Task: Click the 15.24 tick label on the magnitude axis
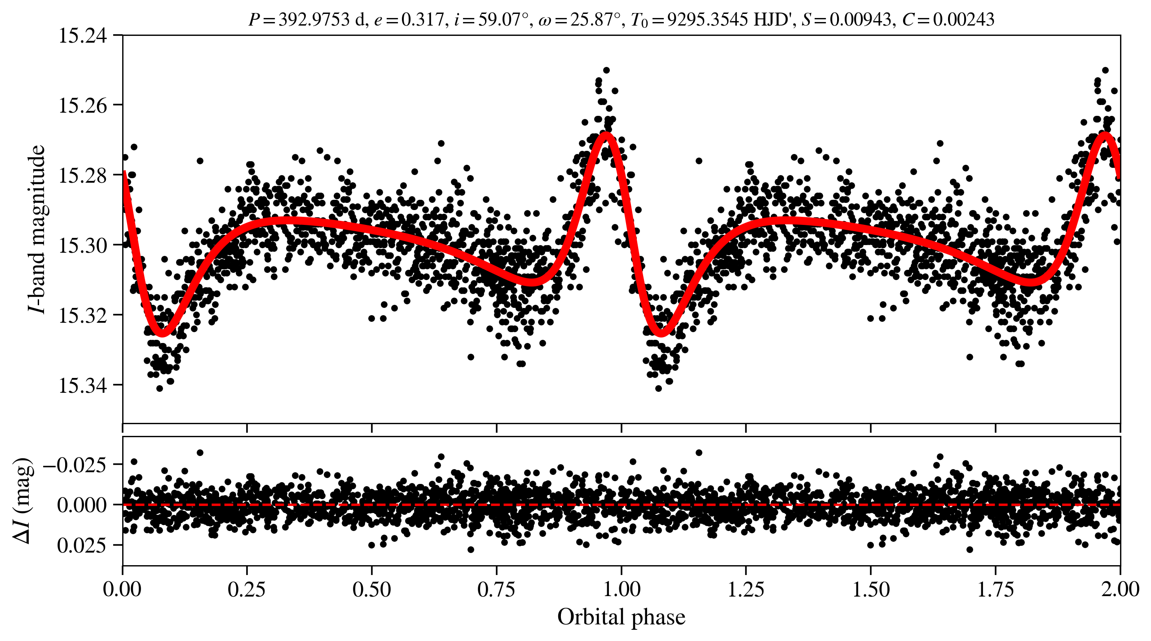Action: [x=83, y=35]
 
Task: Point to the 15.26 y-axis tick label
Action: [x=83, y=105]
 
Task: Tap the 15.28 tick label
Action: [x=83, y=176]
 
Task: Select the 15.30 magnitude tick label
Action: [x=83, y=246]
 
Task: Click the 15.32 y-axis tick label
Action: [x=83, y=316]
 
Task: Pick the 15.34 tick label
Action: [x=83, y=386]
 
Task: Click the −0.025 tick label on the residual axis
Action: [x=75, y=465]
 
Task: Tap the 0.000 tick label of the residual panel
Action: [x=82, y=505]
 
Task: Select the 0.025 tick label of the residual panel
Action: [x=82, y=545]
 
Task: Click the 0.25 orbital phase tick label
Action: [x=247, y=589]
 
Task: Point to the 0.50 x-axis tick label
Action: [x=371, y=589]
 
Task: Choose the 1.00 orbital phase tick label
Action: [x=621, y=589]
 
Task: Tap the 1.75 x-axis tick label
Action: [x=996, y=589]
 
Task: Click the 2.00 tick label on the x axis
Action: [x=1120, y=589]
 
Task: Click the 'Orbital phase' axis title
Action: [x=621, y=617]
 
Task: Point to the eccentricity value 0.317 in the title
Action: [x=422, y=20]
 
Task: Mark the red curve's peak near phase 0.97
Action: [x=606, y=134]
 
